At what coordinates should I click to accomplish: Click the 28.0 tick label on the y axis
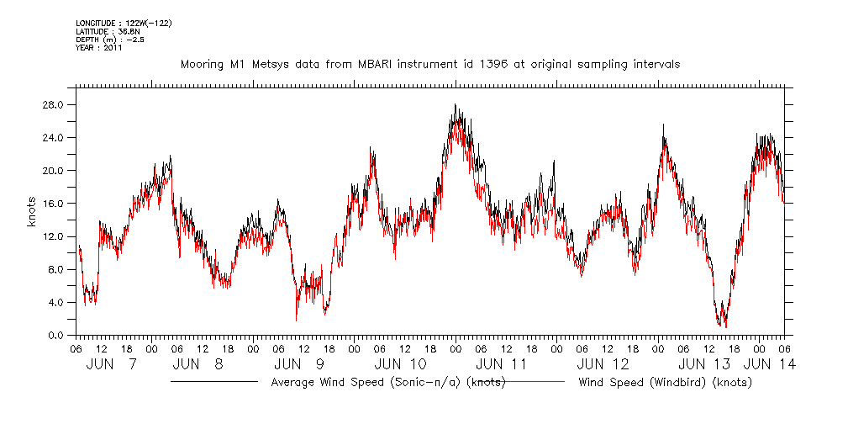(55, 105)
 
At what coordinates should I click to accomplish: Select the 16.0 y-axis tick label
(55, 204)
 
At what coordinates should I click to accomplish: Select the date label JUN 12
(603, 364)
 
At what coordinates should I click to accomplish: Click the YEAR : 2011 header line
(99, 48)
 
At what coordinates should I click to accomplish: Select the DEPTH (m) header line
(110, 40)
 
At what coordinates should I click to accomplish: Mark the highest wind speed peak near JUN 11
(455, 105)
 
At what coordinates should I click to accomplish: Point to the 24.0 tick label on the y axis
(55, 138)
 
